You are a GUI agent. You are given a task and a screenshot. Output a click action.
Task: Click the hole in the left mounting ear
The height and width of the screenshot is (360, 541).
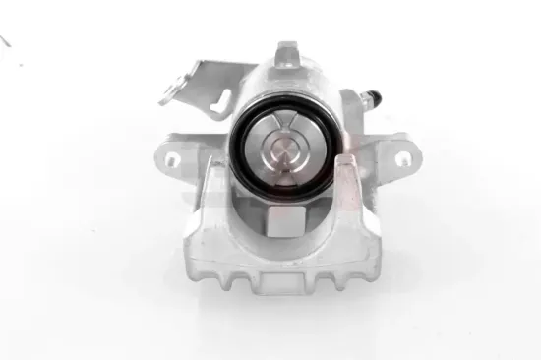[x=170, y=157]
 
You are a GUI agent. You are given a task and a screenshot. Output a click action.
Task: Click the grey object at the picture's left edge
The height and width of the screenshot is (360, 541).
[x=5, y=41]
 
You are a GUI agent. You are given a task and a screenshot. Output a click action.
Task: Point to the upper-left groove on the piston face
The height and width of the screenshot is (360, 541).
[x=263, y=133]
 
